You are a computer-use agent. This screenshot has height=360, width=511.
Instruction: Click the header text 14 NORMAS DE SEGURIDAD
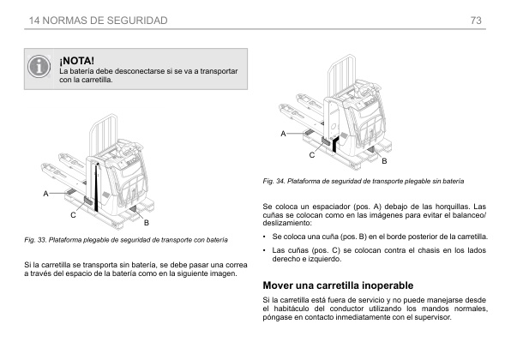point(98,20)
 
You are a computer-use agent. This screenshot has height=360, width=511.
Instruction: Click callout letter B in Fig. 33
point(147,222)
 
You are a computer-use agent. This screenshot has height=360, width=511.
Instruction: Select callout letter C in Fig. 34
point(312,153)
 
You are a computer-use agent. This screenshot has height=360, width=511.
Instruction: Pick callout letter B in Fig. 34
point(384,161)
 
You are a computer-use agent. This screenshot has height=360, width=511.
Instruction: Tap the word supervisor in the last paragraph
point(425,316)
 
